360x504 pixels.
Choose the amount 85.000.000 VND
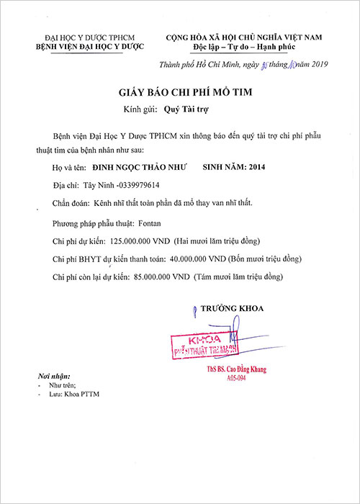161,276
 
